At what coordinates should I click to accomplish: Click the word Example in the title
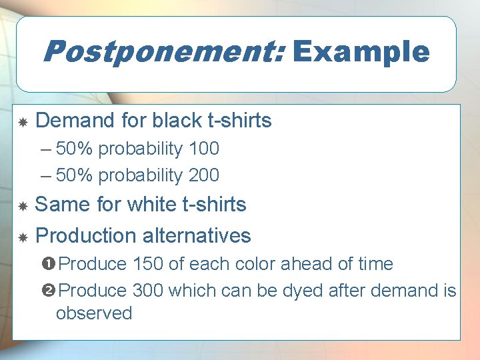[x=361, y=51]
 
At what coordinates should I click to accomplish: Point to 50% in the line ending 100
[x=75, y=149]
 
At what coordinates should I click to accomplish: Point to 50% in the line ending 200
[x=75, y=175]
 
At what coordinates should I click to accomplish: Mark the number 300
[x=148, y=291]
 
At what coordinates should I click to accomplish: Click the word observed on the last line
[x=94, y=313]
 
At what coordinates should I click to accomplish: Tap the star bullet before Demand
[x=22, y=122]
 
